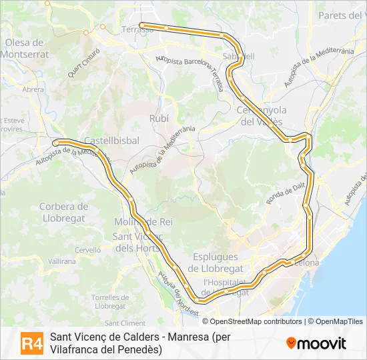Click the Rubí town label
click(x=159, y=118)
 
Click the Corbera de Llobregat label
click(x=64, y=213)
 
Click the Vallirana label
click(x=61, y=262)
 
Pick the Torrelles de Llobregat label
click(x=109, y=301)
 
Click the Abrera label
click(x=33, y=89)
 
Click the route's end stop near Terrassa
click(x=142, y=25)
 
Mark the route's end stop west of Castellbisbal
click(x=56, y=142)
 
